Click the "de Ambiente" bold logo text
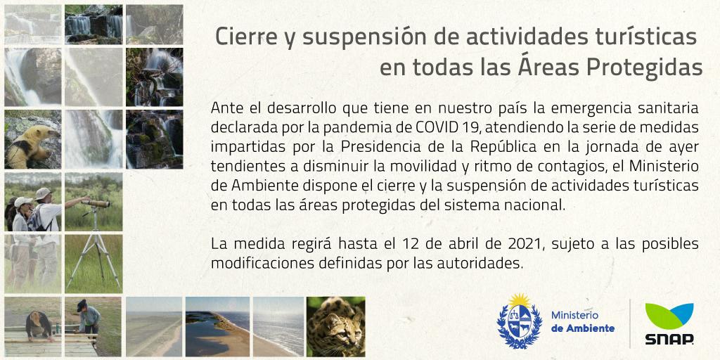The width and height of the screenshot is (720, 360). tap(583, 328)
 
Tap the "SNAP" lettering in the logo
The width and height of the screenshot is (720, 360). tap(669, 339)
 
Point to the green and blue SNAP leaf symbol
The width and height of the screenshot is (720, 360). tap(669, 316)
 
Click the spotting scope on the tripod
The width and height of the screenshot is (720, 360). tap(96, 203)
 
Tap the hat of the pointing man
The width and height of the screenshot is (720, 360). tap(43, 193)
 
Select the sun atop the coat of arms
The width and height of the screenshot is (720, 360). tap(519, 301)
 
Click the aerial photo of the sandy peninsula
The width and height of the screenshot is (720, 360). tap(218, 326)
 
